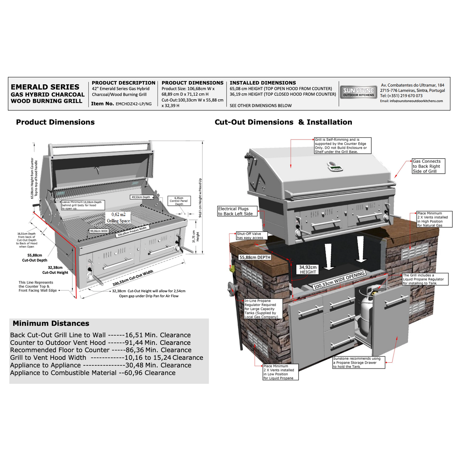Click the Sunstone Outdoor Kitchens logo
[358, 92]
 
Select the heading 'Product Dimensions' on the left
[55, 122]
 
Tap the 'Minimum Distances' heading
[51, 323]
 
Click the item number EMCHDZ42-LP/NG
[134, 104]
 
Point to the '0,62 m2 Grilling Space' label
[118, 218]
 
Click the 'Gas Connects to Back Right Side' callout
[428, 166]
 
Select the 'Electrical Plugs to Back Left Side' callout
[237, 211]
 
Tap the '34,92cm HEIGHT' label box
[308, 270]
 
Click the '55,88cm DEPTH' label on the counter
[255, 257]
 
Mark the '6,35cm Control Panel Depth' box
[179, 201]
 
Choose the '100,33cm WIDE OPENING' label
[339, 280]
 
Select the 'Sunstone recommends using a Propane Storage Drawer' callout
[359, 362]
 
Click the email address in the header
[411, 101]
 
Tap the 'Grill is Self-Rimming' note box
[342, 145]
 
